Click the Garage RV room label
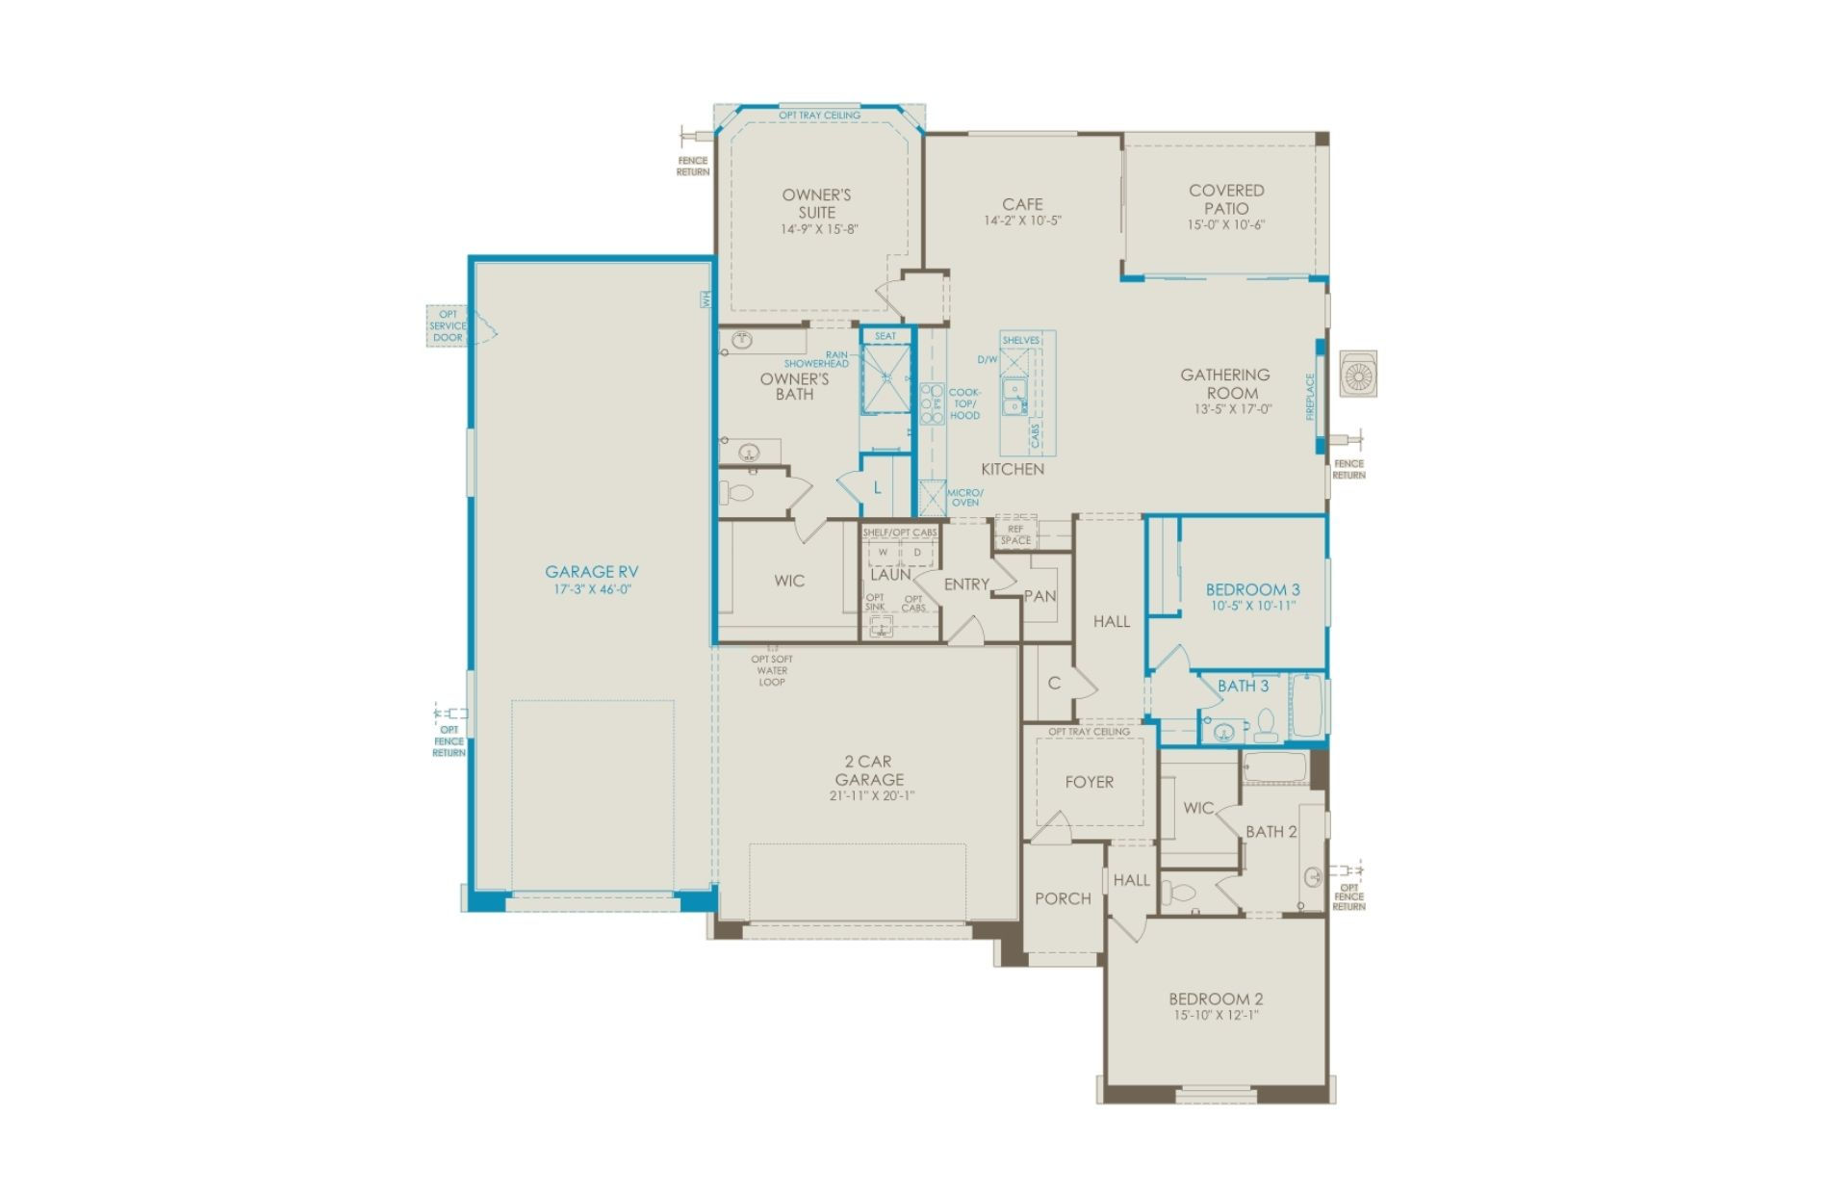(x=592, y=572)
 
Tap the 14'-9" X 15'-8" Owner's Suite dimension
(x=819, y=230)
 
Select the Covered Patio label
(x=1226, y=199)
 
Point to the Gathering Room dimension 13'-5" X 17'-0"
(x=1233, y=409)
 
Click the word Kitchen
(x=1013, y=469)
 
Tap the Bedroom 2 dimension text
(x=1216, y=1015)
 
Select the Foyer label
(x=1090, y=783)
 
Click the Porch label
(x=1063, y=898)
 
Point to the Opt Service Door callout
(x=448, y=325)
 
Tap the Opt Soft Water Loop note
(x=772, y=671)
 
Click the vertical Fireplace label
(x=1310, y=397)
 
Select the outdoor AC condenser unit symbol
(x=1358, y=374)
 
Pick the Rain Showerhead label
(x=817, y=359)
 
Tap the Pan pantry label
(x=1040, y=596)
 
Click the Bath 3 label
(x=1244, y=686)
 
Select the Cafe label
(x=1022, y=204)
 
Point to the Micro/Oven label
(x=965, y=498)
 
